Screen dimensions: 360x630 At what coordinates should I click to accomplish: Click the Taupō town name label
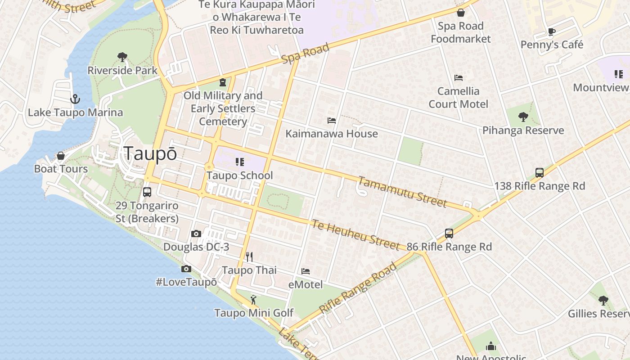(x=150, y=153)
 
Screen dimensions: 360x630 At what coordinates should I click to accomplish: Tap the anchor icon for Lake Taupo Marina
(x=75, y=99)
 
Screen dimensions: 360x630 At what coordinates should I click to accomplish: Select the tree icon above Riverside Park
(x=122, y=57)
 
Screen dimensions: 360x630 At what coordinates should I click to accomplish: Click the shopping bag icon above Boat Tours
(x=61, y=156)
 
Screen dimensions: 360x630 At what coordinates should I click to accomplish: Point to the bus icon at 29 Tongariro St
(x=147, y=192)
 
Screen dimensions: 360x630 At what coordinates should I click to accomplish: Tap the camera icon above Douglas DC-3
(x=196, y=234)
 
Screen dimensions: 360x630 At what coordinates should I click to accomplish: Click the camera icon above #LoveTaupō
(x=186, y=269)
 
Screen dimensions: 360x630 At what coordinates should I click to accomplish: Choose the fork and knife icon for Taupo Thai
(x=249, y=257)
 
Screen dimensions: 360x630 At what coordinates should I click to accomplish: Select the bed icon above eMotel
(x=306, y=271)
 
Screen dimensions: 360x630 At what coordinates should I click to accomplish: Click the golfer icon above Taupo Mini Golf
(x=253, y=299)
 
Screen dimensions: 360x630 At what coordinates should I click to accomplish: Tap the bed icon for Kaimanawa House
(x=332, y=121)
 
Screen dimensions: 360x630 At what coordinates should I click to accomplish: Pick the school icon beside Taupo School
(x=239, y=162)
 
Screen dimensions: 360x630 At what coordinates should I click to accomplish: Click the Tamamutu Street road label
(x=402, y=192)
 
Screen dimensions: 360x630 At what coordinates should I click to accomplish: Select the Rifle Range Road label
(x=358, y=289)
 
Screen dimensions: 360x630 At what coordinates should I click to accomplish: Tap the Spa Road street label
(x=306, y=53)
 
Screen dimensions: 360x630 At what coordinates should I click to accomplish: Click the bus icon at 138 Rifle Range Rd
(x=540, y=172)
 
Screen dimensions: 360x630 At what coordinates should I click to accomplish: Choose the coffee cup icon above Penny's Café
(x=552, y=31)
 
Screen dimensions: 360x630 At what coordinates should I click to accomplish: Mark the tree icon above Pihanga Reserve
(x=523, y=117)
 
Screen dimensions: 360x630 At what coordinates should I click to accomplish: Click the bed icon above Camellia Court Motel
(x=459, y=78)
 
